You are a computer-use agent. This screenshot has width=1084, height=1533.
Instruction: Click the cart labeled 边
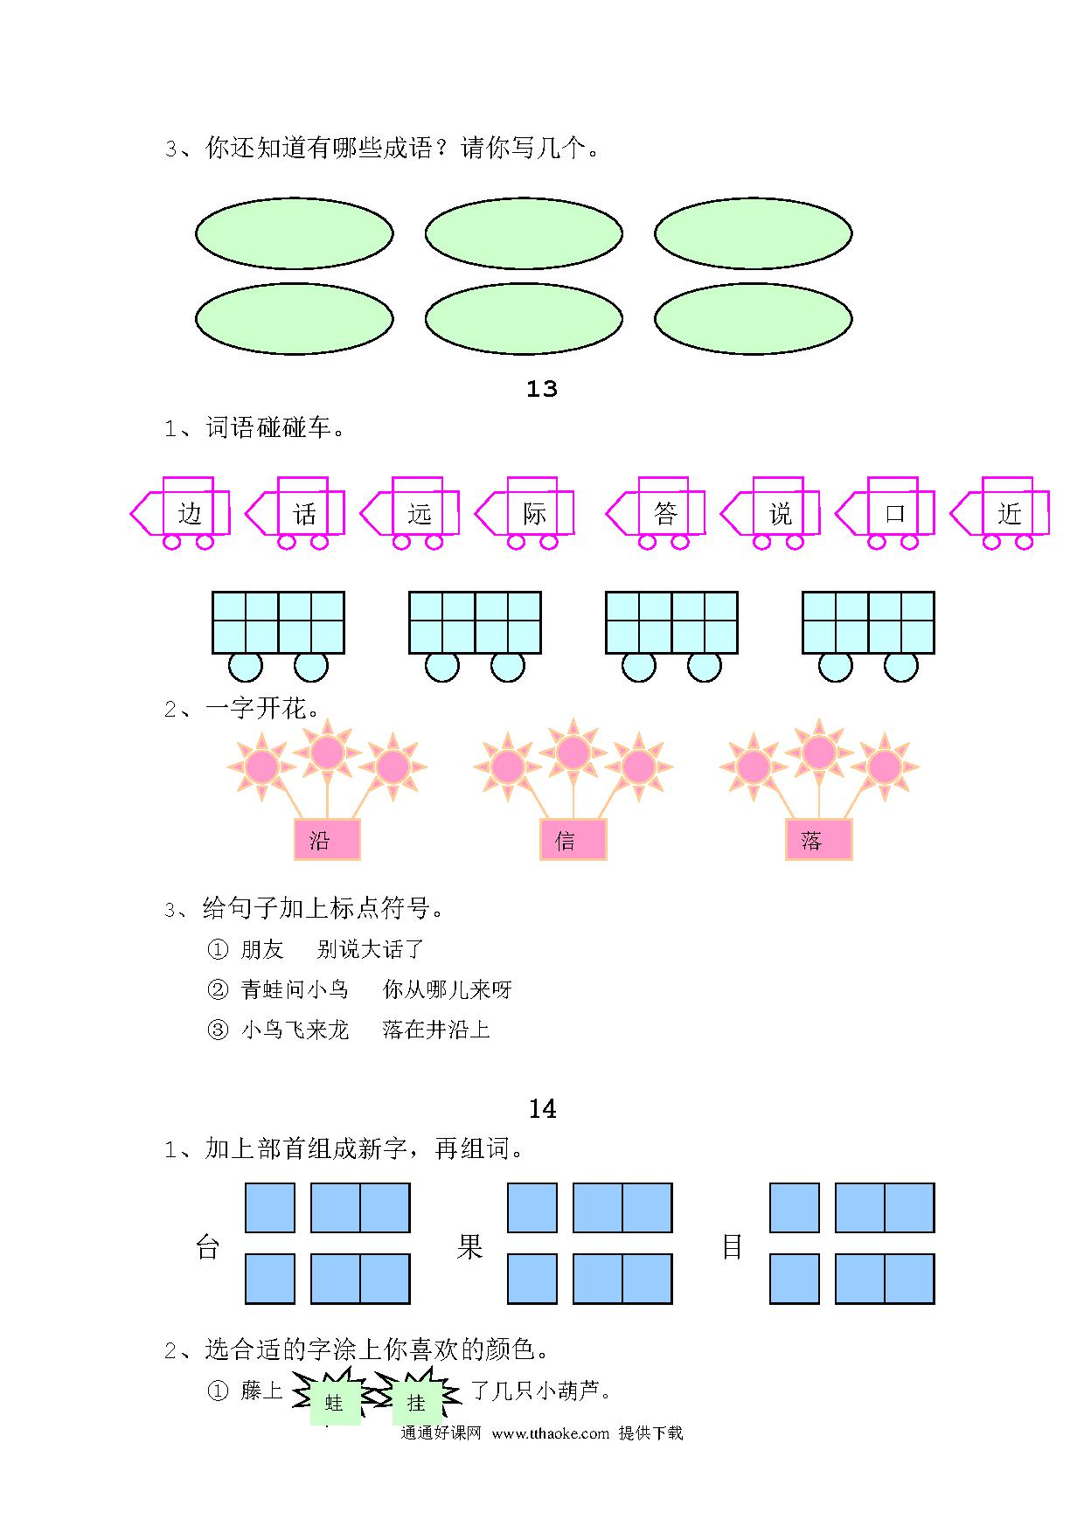181,513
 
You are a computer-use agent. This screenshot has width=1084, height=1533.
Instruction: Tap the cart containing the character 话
295,513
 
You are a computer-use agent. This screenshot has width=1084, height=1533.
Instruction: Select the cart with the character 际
525,513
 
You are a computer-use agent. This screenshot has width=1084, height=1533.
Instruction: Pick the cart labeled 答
657,513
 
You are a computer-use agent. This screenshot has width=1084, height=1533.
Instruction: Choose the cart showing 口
886,513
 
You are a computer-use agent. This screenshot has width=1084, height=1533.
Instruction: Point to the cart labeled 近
1000,513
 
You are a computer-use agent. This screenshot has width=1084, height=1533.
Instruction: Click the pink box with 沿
327,840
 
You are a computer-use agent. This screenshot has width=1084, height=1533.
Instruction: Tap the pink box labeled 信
573,840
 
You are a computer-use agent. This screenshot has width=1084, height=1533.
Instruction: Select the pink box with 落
818,840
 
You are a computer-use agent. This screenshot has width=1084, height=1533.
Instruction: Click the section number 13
542,389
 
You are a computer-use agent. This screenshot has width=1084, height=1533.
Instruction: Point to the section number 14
542,1109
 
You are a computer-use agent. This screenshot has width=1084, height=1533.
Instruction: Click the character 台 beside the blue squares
207,1247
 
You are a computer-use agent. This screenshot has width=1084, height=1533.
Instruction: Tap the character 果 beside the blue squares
469,1247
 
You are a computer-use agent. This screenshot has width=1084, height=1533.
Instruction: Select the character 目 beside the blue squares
732,1247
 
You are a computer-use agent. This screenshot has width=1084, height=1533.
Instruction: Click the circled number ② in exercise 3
217,989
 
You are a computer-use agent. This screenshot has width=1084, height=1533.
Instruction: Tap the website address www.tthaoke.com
550,1433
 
